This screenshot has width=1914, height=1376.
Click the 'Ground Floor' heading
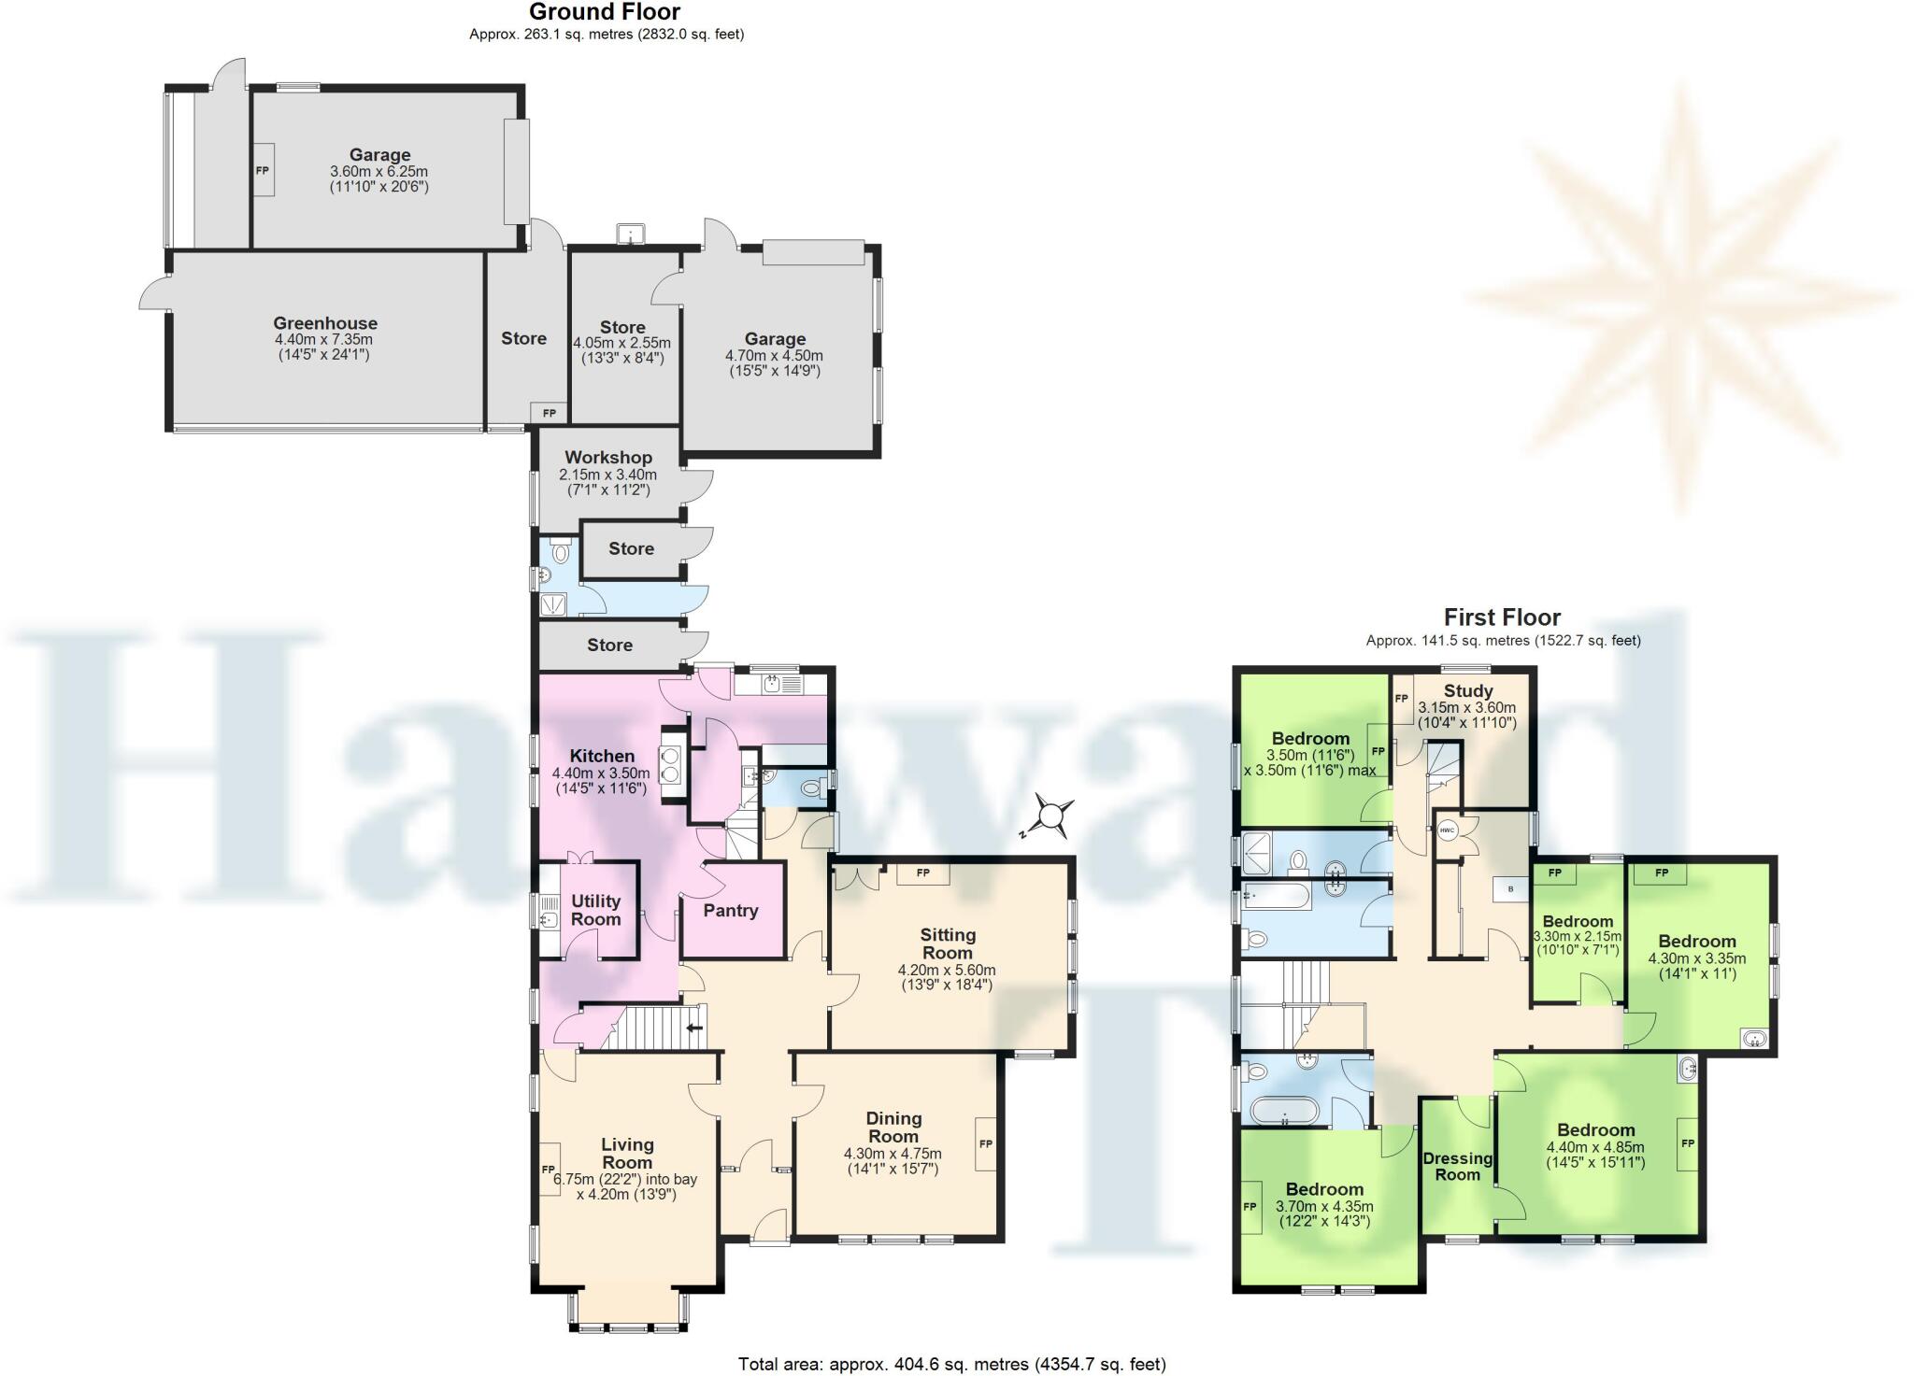pyautogui.click(x=605, y=12)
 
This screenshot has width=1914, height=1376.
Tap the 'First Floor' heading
pyautogui.click(x=1502, y=617)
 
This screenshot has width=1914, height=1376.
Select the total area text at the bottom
pyautogui.click(x=951, y=1364)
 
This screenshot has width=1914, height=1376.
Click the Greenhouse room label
pyautogui.click(x=325, y=324)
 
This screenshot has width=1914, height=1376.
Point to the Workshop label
pyautogui.click(x=607, y=458)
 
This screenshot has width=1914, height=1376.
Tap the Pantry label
pyautogui.click(x=730, y=911)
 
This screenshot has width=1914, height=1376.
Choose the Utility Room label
pyautogui.click(x=595, y=910)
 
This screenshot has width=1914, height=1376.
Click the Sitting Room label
pyautogui.click(x=948, y=943)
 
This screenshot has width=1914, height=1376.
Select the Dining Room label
pyautogui.click(x=893, y=1128)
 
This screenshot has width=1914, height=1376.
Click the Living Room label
pyautogui.click(x=627, y=1154)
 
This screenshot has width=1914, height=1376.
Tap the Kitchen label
pyautogui.click(x=602, y=756)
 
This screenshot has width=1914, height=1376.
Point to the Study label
pyautogui.click(x=1468, y=691)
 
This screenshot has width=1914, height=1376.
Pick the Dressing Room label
pyautogui.click(x=1457, y=1167)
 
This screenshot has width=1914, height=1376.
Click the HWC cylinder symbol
pyautogui.click(x=1448, y=830)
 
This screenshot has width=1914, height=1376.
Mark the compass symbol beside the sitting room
pyautogui.click(x=1052, y=816)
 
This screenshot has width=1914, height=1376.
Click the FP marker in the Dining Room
pyautogui.click(x=985, y=1143)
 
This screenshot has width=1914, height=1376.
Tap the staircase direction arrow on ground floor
pyautogui.click(x=694, y=1028)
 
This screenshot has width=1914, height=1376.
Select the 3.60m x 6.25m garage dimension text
pyautogui.click(x=379, y=172)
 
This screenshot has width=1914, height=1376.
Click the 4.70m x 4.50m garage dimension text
pyautogui.click(x=774, y=356)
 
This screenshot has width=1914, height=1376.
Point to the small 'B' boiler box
pyautogui.click(x=1510, y=889)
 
